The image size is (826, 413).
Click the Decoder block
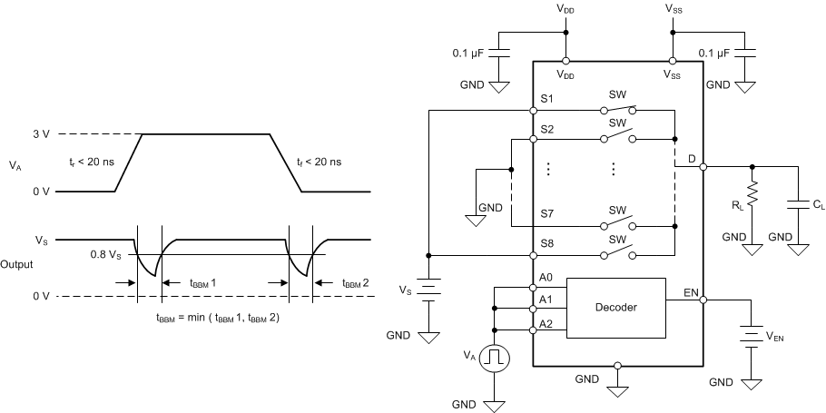(615, 307)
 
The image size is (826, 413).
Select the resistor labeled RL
(752, 193)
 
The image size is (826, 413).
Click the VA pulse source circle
(495, 358)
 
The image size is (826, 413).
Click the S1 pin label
(546, 98)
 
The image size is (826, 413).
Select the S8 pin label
(546, 242)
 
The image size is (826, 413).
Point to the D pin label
(692, 159)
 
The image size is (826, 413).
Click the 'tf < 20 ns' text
(319, 162)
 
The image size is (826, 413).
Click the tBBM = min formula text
(218, 317)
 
